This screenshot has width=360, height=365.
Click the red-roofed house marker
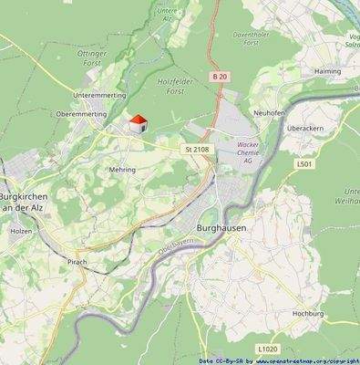coord(137,124)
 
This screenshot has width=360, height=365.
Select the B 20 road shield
coord(220,76)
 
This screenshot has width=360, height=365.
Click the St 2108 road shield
coord(196,148)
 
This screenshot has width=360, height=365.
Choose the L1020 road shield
coord(267,348)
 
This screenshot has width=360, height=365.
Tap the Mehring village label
coord(122,170)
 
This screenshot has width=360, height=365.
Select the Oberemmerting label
coord(81,114)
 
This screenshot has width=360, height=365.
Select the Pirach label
coord(77,262)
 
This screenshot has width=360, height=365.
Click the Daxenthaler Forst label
coord(252,37)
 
